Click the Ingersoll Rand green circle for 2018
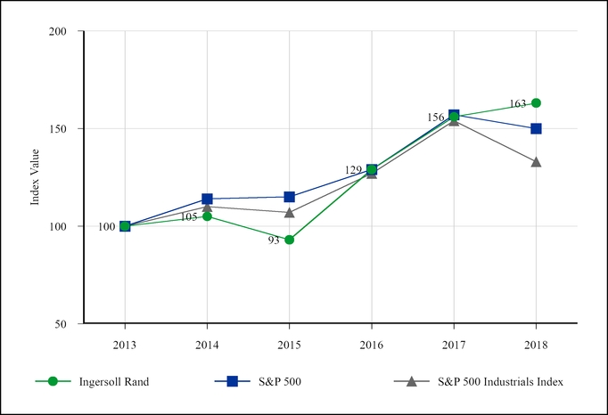click(x=536, y=103)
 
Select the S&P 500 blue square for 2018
click(x=536, y=128)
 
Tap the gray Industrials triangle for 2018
click(x=536, y=161)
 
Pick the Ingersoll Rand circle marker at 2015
click(x=289, y=240)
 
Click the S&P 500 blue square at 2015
click(x=289, y=197)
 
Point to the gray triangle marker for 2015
click(x=289, y=212)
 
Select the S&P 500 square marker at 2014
click(x=207, y=199)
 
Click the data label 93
click(x=274, y=240)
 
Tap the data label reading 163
click(x=517, y=103)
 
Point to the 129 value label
click(x=354, y=170)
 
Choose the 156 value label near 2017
click(x=436, y=118)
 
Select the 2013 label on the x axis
click(x=125, y=343)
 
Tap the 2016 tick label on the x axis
click(x=371, y=343)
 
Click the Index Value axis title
click(x=36, y=177)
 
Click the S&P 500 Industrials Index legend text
click(x=500, y=381)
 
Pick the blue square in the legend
click(x=232, y=381)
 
